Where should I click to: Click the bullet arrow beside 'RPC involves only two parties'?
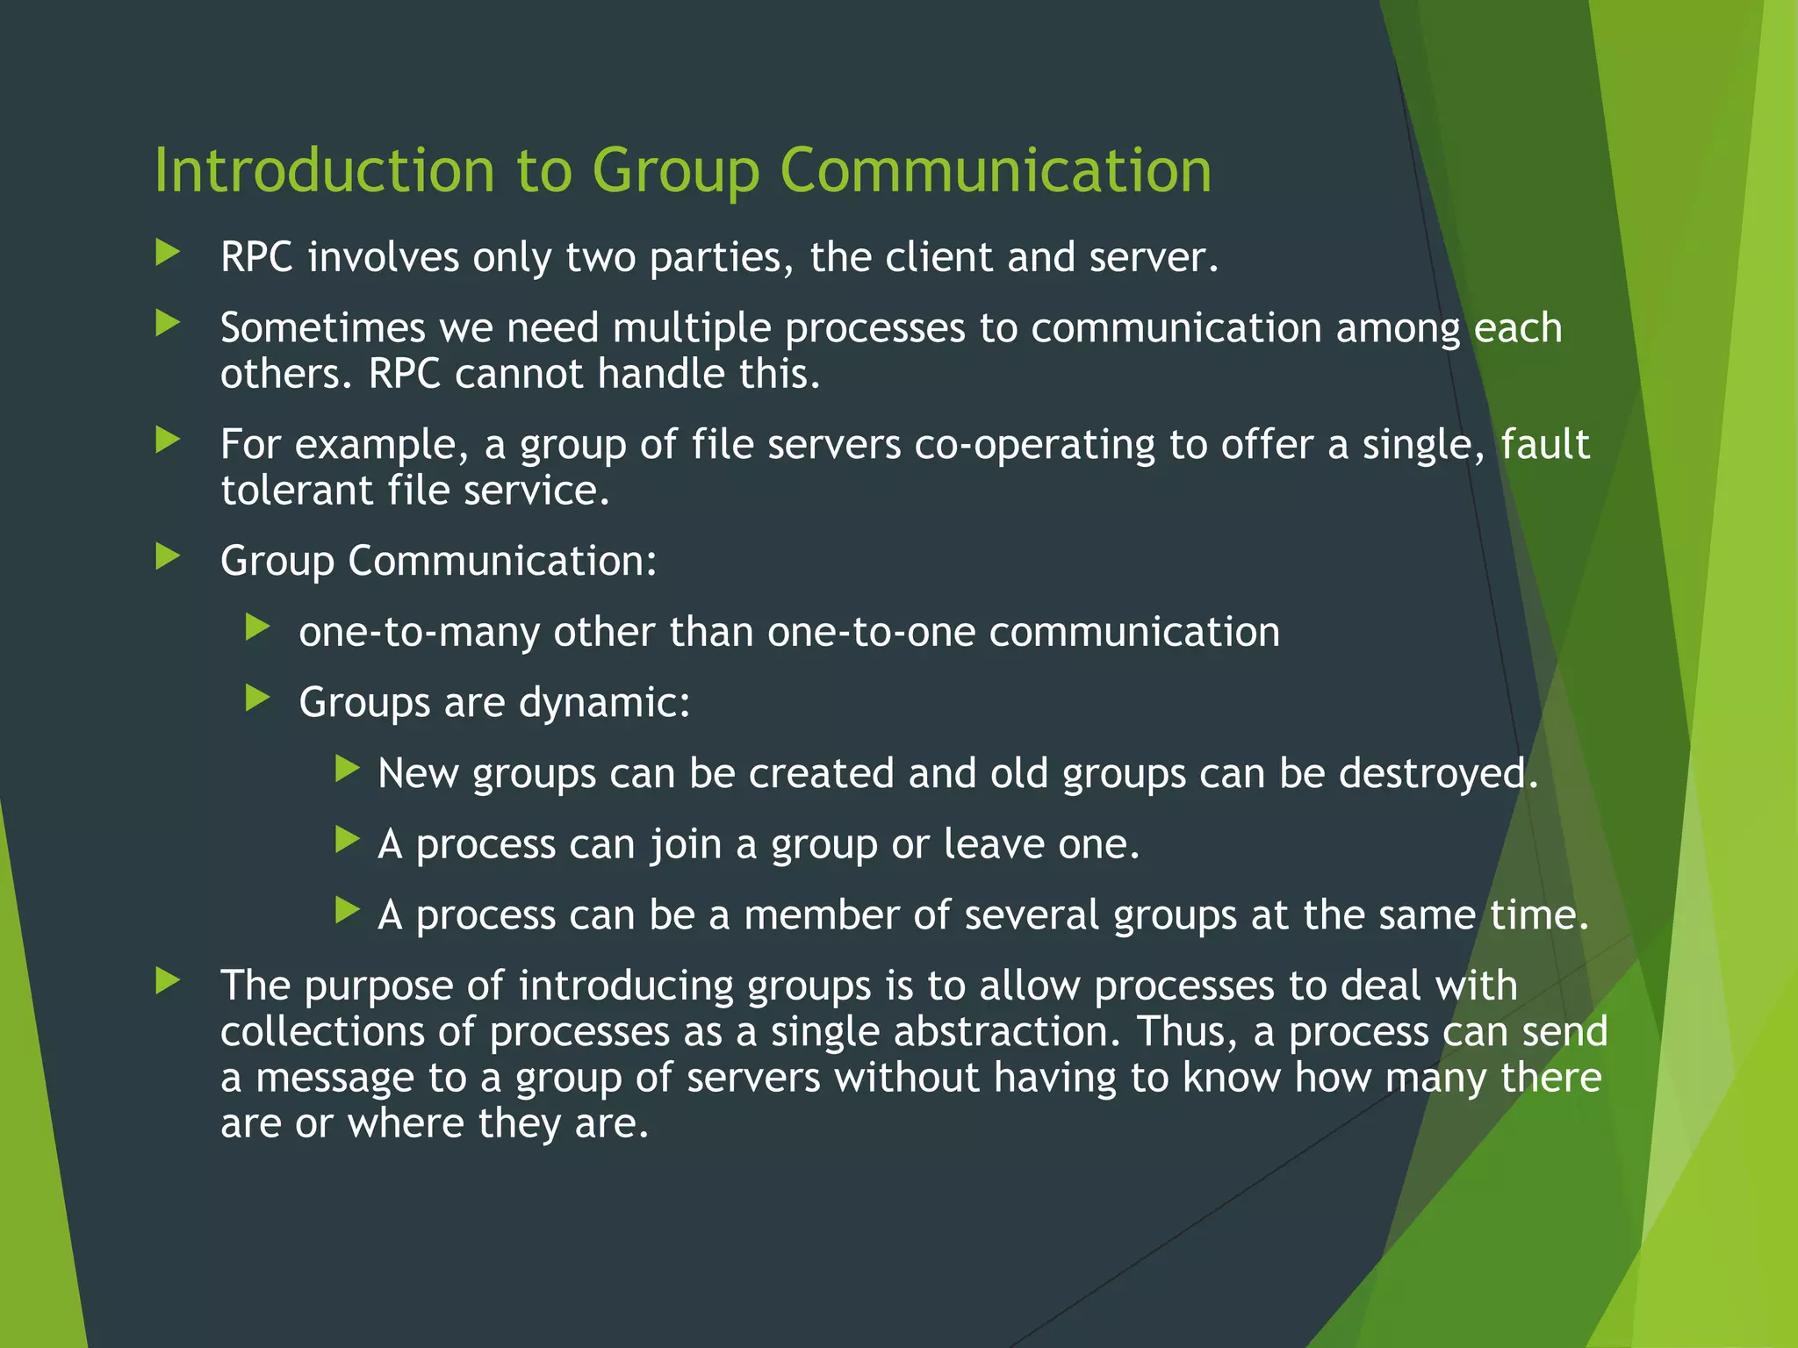[x=168, y=254]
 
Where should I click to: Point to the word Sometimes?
[x=322, y=328]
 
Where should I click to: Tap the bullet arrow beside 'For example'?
[x=168, y=440]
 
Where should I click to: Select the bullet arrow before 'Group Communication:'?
[x=168, y=556]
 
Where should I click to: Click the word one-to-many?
[x=419, y=633]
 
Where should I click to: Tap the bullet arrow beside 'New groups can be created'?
[x=348, y=770]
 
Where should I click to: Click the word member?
[x=821, y=915]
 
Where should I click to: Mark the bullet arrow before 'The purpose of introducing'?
[x=168, y=981]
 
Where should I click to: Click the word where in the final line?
[x=406, y=1123]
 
